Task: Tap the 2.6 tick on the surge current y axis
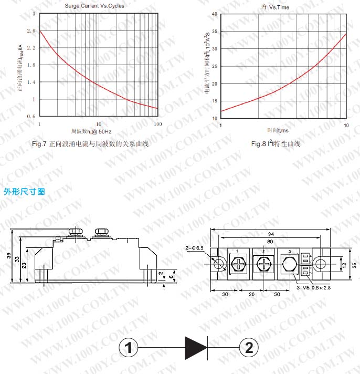[x=34, y=31]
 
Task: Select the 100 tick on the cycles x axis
[x=157, y=123]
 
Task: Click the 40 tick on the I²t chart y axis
[x=214, y=14]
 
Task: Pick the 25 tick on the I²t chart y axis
[x=214, y=66]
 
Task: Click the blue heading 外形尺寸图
[x=25, y=192]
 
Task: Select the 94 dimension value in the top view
[x=270, y=234]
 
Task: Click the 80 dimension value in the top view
[x=270, y=242]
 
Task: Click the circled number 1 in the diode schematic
[x=129, y=348]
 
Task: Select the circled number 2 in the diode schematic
[x=249, y=348]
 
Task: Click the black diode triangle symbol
[x=196, y=348]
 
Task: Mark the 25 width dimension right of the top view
[x=354, y=264]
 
